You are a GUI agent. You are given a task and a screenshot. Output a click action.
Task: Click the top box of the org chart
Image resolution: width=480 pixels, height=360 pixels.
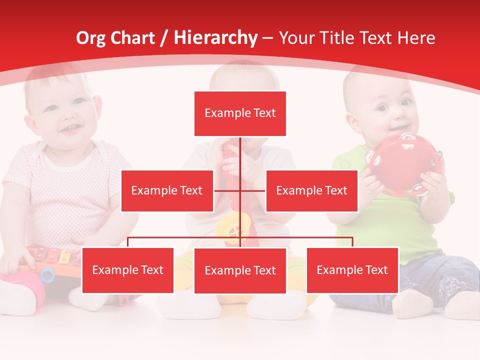[x=240, y=113]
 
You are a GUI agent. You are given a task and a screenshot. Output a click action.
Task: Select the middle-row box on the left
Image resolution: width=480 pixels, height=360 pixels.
[x=167, y=190]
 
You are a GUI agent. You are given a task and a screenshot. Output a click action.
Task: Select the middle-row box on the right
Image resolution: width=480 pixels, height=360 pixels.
[x=311, y=190]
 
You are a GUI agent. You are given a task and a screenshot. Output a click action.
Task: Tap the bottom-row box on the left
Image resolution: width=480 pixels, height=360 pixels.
[x=128, y=270]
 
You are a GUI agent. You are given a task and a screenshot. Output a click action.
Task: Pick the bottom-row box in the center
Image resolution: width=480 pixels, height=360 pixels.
[x=240, y=270]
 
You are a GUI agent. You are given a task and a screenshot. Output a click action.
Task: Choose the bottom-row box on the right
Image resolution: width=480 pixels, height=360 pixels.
[x=352, y=270]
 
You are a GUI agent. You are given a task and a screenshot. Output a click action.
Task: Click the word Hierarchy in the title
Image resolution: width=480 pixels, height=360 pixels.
[x=215, y=38]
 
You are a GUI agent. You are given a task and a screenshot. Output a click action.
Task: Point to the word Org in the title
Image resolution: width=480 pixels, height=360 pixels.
[x=90, y=38]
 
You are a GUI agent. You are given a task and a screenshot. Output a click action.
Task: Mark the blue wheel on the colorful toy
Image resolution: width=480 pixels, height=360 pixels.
[x=47, y=273]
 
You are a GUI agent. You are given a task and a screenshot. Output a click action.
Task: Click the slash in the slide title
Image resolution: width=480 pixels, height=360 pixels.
[x=164, y=38]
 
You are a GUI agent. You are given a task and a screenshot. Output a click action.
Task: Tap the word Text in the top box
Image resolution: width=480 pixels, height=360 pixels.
[x=264, y=113]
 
